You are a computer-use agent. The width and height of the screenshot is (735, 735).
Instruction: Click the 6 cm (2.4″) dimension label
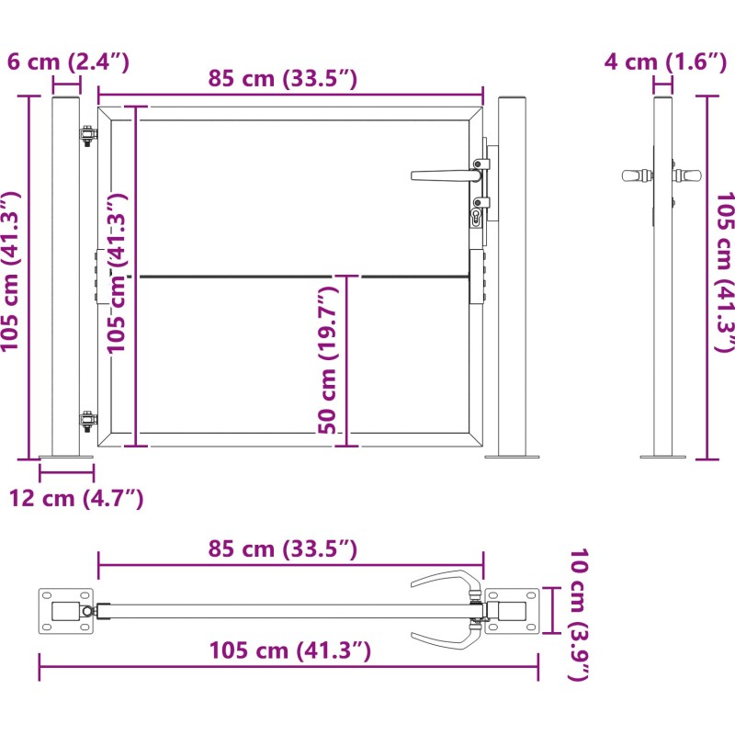(68, 62)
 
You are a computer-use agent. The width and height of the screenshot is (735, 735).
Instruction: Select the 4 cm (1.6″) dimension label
(665, 62)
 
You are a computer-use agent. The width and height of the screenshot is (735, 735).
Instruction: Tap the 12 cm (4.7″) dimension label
(76, 498)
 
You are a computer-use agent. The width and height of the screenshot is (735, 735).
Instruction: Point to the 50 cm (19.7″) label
(328, 360)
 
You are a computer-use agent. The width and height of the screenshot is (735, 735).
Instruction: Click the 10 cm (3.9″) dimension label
(579, 614)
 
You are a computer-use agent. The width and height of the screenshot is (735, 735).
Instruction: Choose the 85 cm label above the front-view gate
(283, 78)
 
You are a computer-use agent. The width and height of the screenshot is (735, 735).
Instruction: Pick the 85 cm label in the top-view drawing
(283, 548)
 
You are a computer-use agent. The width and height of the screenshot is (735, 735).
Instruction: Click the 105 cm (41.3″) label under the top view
(290, 650)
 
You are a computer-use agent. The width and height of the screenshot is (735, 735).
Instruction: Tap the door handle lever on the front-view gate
(446, 175)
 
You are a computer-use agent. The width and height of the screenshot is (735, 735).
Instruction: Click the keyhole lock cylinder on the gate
(476, 218)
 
